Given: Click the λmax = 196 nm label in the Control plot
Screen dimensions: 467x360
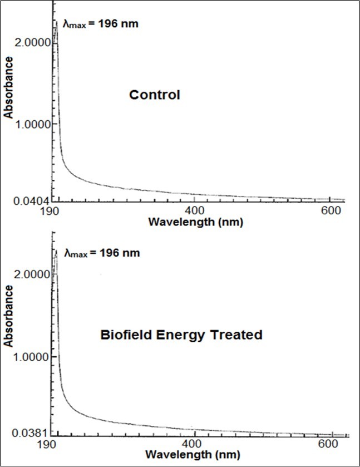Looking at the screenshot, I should pyautogui.click(x=100, y=24).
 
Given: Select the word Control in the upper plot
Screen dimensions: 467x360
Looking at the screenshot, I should pyautogui.click(x=155, y=95).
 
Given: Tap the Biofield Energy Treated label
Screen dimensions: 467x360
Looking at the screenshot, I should pyautogui.click(x=181, y=335).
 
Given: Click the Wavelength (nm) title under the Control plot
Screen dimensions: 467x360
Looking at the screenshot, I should pyautogui.click(x=195, y=222).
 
